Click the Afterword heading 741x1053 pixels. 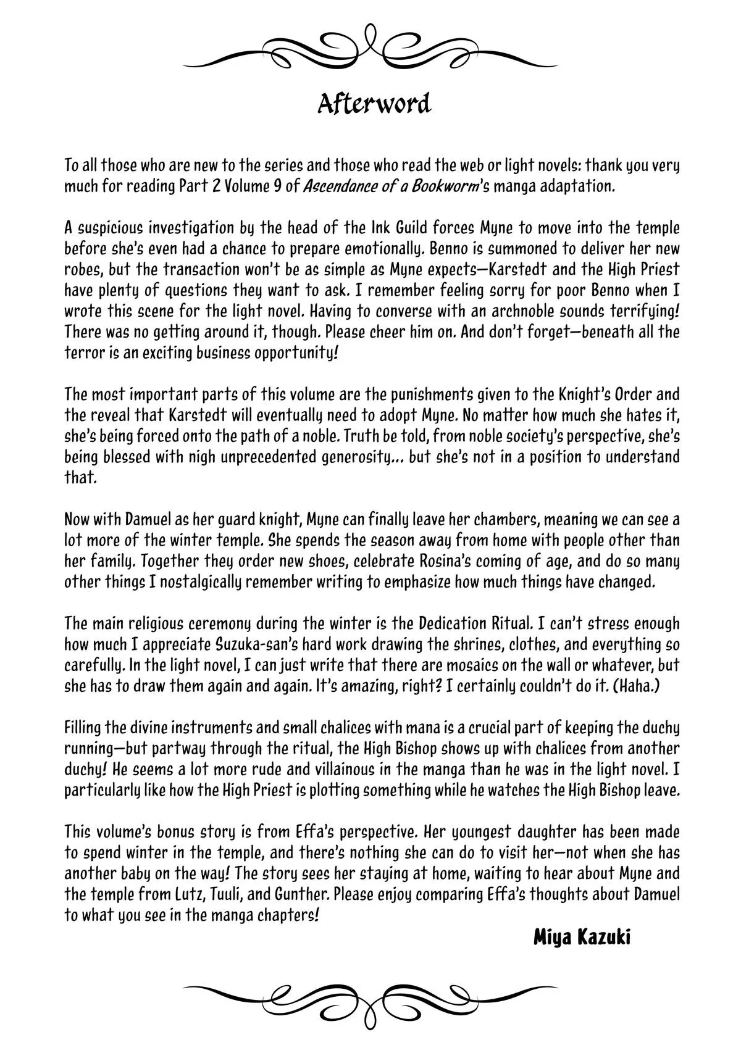pyautogui.click(x=374, y=104)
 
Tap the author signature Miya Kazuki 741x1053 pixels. pyautogui.click(x=581, y=938)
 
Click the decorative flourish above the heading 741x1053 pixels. pyautogui.click(x=371, y=47)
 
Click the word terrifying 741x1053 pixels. pyautogui.click(x=643, y=311)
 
